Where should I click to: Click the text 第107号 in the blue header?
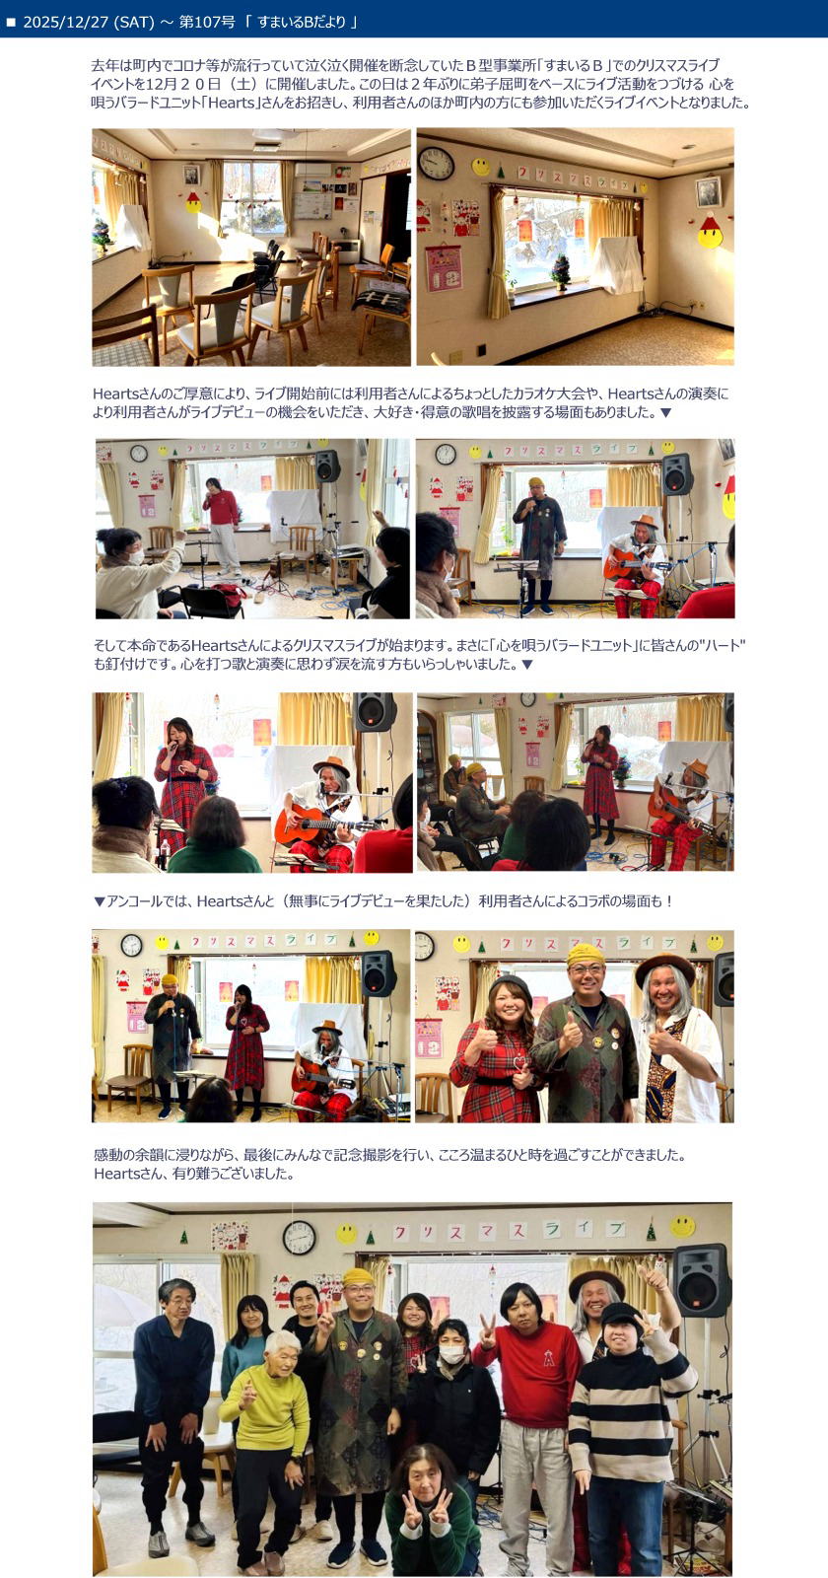207,22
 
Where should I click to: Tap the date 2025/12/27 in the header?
66,22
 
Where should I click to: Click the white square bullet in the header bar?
11,23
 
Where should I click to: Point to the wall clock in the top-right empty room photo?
436,163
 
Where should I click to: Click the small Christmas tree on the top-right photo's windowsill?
561,272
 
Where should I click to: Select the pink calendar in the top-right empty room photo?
444,268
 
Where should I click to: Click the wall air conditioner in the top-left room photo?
312,170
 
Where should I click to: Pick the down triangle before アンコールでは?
99,901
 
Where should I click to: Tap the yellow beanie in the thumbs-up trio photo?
586,955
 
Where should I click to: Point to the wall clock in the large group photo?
300,1238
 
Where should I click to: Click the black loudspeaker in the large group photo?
701,1280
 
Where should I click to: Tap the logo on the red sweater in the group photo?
548,1359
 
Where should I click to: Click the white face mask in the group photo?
451,1352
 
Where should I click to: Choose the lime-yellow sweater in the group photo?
265,1406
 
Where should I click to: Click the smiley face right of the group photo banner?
682,1227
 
